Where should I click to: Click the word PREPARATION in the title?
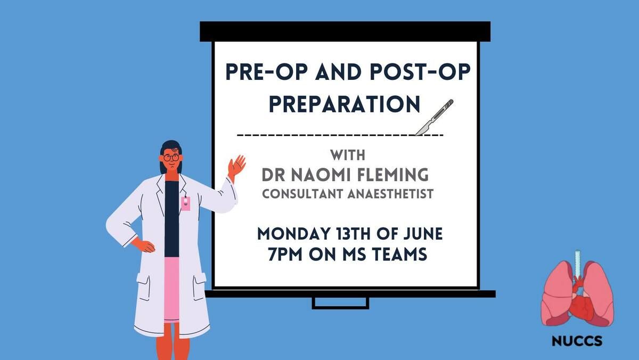tap(345, 104)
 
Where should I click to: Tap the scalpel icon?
tap(434, 117)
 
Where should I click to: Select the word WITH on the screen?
tap(348, 155)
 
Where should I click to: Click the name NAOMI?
tap(322, 175)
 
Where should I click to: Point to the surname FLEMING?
tap(393, 175)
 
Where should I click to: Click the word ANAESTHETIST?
tap(390, 194)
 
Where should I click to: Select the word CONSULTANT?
tap(302, 194)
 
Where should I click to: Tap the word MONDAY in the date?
tap(294, 234)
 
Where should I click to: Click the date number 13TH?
tap(354, 234)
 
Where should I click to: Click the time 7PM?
tap(285, 254)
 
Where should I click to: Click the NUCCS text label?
tap(577, 341)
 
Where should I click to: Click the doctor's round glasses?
tap(171, 158)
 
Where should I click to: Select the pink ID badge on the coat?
tap(186, 203)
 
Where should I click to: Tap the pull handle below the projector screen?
tap(340, 304)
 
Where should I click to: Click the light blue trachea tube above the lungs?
tap(578, 264)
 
